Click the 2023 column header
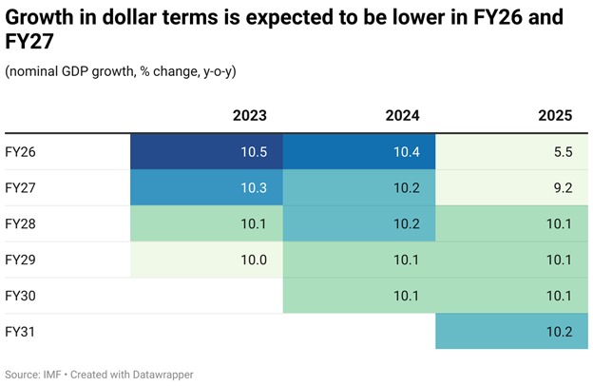[250, 116]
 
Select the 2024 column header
[402, 116]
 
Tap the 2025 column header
[554, 116]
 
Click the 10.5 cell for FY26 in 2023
[207, 152]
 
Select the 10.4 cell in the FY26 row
[359, 152]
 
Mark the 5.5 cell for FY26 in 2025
[512, 152]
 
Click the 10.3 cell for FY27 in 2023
[207, 188]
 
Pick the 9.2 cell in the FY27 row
[512, 188]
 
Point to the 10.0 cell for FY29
[207, 261]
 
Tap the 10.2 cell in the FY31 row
[512, 333]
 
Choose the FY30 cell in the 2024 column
[359, 297]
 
